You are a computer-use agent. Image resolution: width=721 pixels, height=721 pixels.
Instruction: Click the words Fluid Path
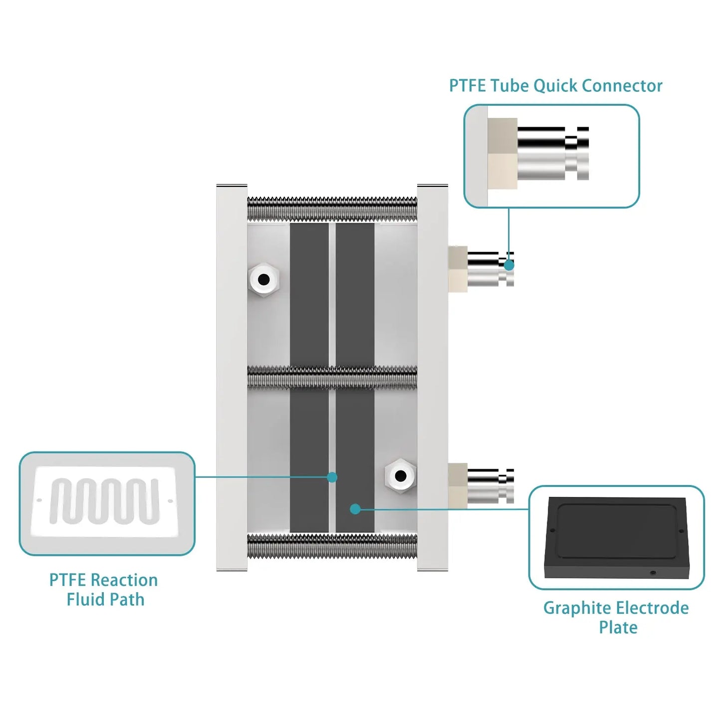click(x=105, y=599)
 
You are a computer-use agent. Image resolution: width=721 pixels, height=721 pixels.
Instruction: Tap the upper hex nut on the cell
click(x=264, y=279)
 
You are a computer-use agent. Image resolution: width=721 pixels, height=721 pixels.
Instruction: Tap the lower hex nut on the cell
click(x=400, y=476)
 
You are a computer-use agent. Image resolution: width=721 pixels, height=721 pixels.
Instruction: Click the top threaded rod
click(x=332, y=209)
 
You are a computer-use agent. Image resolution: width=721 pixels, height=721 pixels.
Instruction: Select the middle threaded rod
click(x=332, y=377)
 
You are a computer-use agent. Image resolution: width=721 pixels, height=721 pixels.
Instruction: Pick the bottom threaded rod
click(x=332, y=546)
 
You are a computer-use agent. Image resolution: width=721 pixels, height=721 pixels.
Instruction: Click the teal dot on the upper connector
click(x=509, y=265)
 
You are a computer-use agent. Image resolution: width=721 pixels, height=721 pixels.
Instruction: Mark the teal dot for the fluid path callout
click(x=332, y=478)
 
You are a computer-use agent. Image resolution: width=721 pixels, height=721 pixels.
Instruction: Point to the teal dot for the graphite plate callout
click(x=355, y=509)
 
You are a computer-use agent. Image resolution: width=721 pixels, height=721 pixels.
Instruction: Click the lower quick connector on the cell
click(x=486, y=485)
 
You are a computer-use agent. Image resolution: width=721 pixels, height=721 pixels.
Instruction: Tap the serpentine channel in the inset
click(x=105, y=501)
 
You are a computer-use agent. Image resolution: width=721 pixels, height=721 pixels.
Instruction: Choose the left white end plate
click(x=232, y=377)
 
